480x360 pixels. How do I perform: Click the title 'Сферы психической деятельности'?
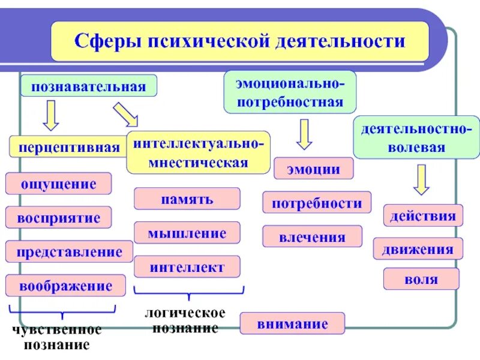pos(239,42)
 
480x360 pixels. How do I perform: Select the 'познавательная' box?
pos(89,86)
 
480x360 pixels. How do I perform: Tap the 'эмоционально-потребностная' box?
pos(290,92)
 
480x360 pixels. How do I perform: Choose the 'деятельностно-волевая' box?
pos(416,137)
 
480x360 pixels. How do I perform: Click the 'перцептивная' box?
pos(69,147)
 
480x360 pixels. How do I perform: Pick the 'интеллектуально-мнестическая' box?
pos(198,152)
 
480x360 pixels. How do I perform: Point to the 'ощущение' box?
pos(59,183)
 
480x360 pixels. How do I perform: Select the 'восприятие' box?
pos(59,217)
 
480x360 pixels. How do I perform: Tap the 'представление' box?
pos(69,251)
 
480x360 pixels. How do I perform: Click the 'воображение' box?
pos(65,286)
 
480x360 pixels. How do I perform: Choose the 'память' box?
pos(187,199)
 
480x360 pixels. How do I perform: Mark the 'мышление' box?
pos(187,232)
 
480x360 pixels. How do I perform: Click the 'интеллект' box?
pos(187,266)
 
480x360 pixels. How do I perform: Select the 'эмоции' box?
pos(314,169)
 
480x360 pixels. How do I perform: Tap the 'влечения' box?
pos(312,236)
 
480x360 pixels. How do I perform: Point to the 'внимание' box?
pos(292,323)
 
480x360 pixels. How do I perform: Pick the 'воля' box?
pos(421,279)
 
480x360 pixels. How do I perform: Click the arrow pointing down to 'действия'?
pos(422,180)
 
